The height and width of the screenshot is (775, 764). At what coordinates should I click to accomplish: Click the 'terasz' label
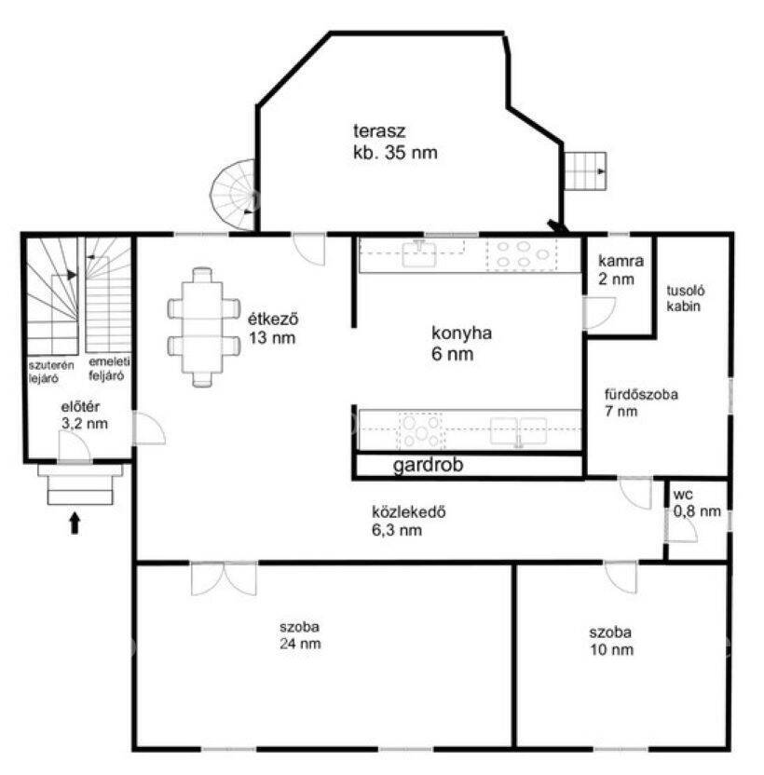click(379, 131)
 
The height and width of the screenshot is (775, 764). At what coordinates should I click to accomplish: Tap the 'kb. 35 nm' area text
click(395, 152)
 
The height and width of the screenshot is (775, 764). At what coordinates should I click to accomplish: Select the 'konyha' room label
click(461, 333)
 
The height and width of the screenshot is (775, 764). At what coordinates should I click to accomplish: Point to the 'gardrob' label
click(429, 465)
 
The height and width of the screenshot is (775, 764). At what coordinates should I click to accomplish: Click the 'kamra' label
click(621, 261)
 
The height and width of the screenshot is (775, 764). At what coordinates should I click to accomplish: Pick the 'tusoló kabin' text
click(685, 298)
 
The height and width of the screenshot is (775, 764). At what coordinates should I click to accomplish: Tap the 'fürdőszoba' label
click(641, 394)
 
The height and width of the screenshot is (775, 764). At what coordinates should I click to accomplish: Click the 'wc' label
click(682, 495)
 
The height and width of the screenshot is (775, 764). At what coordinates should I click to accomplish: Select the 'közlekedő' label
click(408, 511)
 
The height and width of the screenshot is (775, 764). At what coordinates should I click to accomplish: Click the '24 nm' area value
click(300, 644)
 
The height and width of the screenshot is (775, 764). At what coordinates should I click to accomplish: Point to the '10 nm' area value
click(611, 649)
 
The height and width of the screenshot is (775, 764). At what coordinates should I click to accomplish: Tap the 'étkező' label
click(273, 319)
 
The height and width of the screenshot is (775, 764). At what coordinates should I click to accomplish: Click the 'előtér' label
click(80, 407)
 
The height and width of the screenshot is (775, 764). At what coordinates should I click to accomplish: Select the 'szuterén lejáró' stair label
click(51, 372)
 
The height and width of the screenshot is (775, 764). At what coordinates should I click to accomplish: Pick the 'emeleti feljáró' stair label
click(109, 368)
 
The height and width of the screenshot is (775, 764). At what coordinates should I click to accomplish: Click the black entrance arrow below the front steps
click(75, 523)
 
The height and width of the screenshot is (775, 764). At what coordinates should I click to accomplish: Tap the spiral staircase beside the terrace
click(232, 195)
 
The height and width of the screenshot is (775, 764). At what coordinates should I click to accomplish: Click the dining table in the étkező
click(202, 327)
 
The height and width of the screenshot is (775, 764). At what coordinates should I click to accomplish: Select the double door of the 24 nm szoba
click(224, 578)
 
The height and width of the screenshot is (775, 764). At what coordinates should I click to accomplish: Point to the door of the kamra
click(598, 313)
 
